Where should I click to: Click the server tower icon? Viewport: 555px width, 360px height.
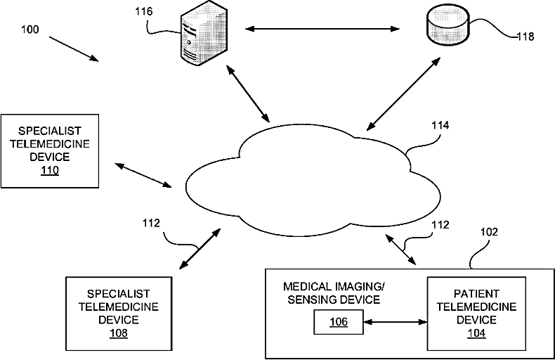coord(204,33)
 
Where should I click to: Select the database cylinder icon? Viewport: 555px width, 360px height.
coord(448,25)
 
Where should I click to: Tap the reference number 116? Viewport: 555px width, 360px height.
coord(144,11)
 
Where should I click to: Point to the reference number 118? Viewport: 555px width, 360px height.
coord(525,36)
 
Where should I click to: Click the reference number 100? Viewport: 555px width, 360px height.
coord(30,29)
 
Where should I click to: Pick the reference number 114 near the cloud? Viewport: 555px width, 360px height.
coord(440,125)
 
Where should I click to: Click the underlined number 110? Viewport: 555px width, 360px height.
coord(50,170)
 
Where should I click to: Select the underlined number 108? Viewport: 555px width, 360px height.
coord(119,333)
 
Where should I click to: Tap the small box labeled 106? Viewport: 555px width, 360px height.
coord(339,322)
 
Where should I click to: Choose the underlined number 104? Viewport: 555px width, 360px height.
coord(476,333)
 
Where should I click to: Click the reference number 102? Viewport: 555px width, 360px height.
coord(489,232)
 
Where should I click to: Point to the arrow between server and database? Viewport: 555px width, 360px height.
coord(322,29)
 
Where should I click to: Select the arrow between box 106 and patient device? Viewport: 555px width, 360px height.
coord(396,322)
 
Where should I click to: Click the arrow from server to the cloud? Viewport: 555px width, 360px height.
coord(248,94)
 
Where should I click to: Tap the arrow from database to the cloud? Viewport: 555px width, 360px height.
coord(403,94)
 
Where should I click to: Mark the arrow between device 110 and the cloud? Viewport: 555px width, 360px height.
coord(143,175)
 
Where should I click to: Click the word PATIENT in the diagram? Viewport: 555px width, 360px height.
coord(476,294)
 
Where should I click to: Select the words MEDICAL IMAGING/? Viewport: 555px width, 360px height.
coord(334,286)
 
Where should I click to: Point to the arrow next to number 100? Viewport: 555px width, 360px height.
coord(74,49)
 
